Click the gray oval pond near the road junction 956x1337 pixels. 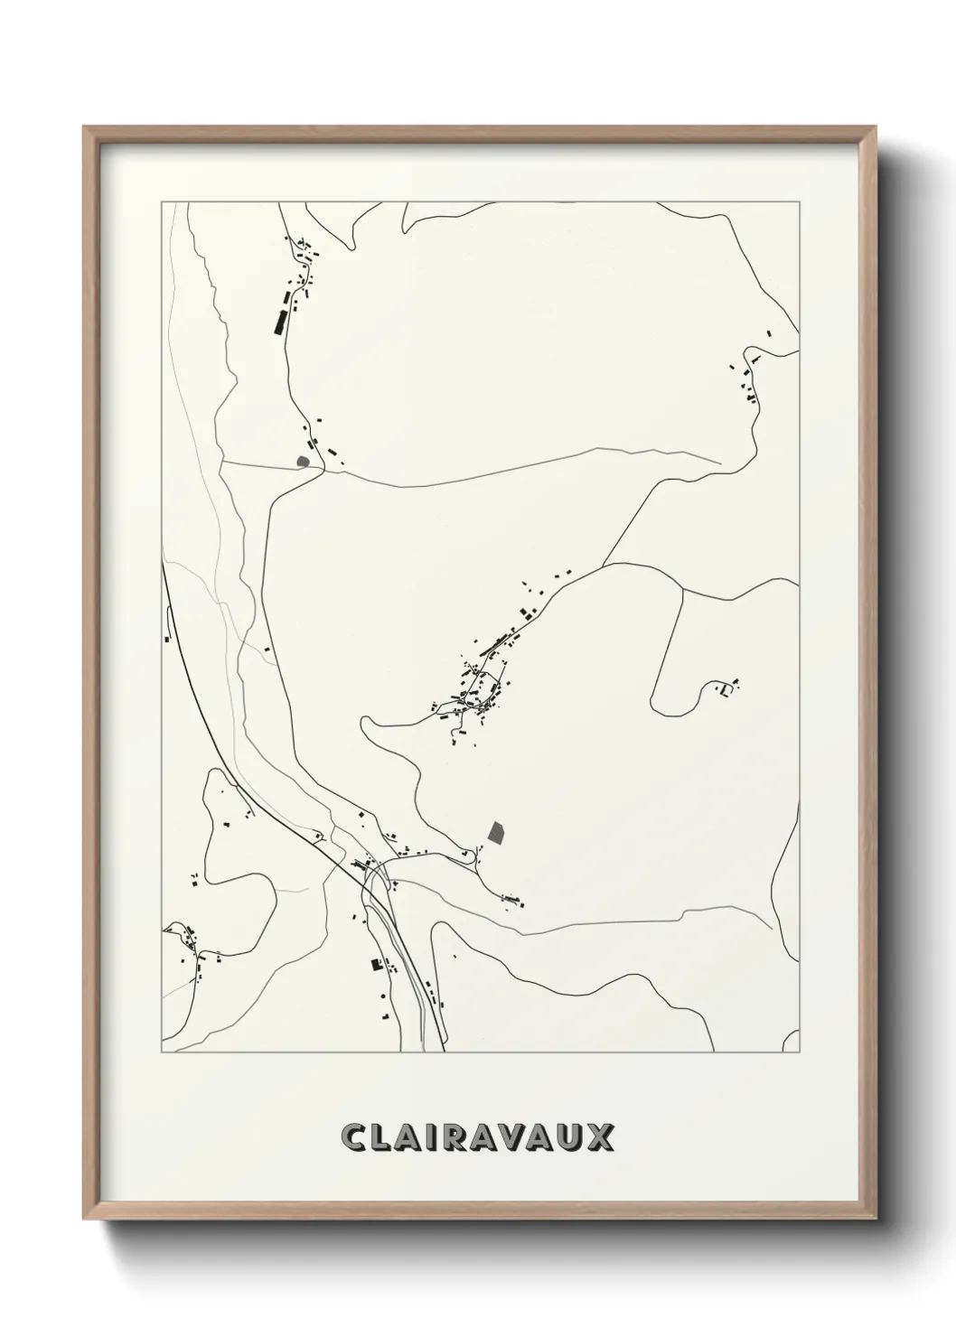(303, 462)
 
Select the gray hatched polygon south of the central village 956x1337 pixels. (494, 831)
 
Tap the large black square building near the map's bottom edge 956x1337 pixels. (376, 965)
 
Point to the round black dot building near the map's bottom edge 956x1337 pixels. (383, 996)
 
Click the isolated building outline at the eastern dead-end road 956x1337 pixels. (724, 689)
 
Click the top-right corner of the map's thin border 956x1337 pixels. (799, 201)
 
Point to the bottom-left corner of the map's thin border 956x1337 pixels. (162, 1052)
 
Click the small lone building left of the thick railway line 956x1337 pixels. (167, 638)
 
